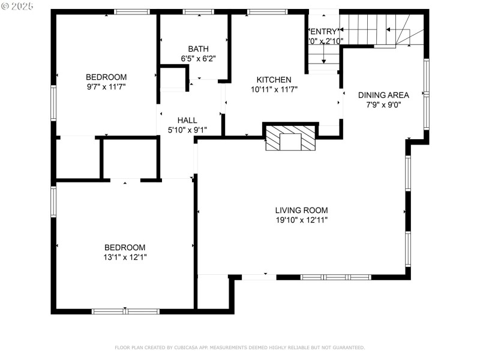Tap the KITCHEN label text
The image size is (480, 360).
click(274, 80)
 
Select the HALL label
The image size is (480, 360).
click(187, 121)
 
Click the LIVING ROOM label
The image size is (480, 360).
click(301, 210)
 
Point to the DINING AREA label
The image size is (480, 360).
click(383, 95)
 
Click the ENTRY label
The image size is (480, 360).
click(324, 31)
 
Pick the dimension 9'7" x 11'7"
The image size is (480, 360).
click(106, 86)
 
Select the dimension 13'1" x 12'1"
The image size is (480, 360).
click(125, 257)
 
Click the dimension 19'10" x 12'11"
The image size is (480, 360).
click(301, 220)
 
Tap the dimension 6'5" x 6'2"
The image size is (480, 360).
click(197, 58)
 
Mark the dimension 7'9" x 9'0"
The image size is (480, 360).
click(383, 104)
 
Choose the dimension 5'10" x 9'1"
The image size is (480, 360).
click(187, 130)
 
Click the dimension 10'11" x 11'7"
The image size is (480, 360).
click(274, 89)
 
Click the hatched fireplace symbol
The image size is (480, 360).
click(290, 139)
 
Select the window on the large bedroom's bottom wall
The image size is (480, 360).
click(125, 311)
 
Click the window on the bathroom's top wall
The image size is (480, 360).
click(198, 11)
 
